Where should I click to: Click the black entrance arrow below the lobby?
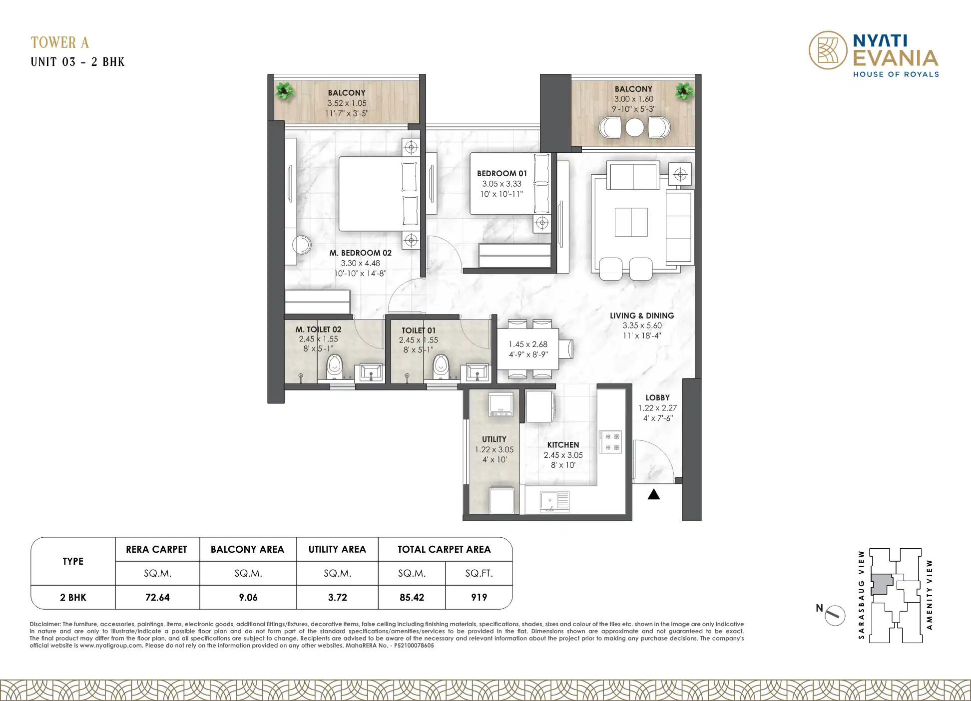coord(654,494)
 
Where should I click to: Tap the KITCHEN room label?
coord(563,445)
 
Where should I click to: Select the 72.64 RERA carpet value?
coord(157,597)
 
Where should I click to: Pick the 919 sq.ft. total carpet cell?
coord(479,597)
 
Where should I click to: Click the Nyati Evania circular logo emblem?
coord(828,50)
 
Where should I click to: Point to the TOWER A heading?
coord(60,42)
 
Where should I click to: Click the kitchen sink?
coord(554,502)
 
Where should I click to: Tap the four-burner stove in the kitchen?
coord(611,441)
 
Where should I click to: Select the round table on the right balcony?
coord(634,127)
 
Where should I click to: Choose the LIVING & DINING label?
coord(642,316)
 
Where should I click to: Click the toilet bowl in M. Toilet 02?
coord(334,367)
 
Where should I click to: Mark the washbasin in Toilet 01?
coord(477,372)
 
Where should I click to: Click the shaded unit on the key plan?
coord(882,584)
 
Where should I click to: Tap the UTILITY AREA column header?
coord(337,549)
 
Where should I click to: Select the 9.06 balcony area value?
coord(248,597)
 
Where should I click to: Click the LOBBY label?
coord(657,397)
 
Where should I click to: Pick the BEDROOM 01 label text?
coord(502,173)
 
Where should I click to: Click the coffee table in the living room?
coord(631,222)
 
